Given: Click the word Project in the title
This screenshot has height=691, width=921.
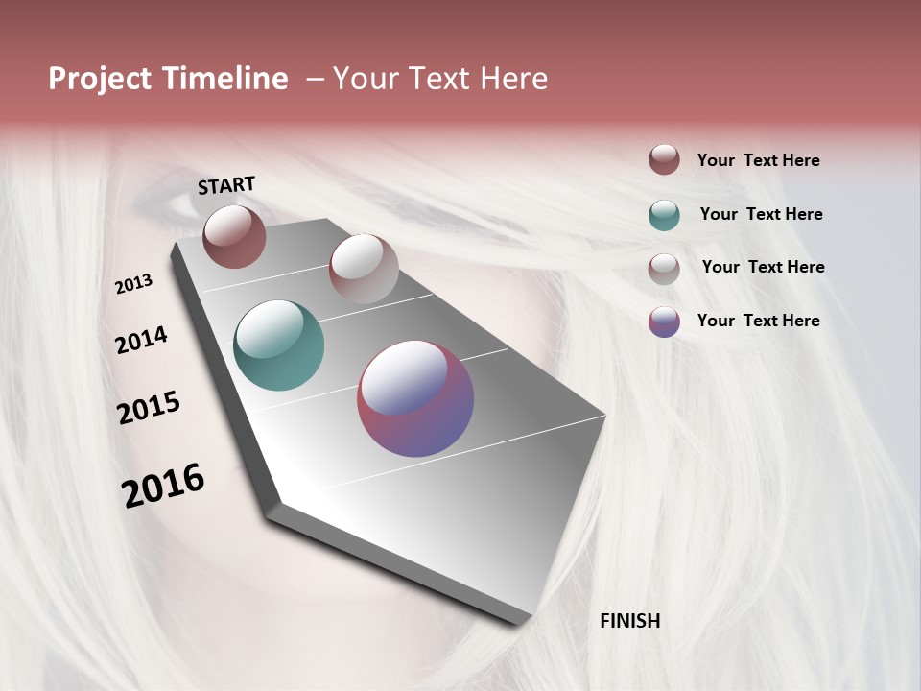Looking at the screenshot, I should tap(100, 80).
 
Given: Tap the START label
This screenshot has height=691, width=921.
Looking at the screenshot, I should tap(226, 185).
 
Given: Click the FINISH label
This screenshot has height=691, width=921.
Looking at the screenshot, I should tap(629, 621).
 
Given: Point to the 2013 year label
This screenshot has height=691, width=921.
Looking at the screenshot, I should tap(133, 284).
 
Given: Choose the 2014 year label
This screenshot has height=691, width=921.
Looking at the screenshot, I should tap(141, 341).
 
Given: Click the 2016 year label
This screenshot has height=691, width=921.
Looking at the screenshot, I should tap(163, 486).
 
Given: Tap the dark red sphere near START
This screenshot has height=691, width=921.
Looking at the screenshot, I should tap(234, 236).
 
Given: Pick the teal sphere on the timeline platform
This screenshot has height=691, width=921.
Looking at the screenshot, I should tap(278, 345).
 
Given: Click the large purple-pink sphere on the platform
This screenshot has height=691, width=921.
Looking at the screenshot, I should tap(415, 398).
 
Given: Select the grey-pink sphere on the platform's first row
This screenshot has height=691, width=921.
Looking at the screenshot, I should tap(364, 269).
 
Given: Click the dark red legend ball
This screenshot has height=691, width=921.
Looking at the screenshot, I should tap(664, 159).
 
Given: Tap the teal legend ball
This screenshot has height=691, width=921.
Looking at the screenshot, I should tap(664, 215).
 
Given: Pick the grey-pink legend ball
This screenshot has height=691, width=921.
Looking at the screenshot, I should tap(664, 269).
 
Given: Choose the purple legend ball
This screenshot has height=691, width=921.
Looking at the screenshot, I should tap(664, 322).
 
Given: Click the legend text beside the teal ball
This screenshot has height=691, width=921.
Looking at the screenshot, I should tap(761, 214).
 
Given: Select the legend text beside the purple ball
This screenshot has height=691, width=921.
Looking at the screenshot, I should tap(758, 321).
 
